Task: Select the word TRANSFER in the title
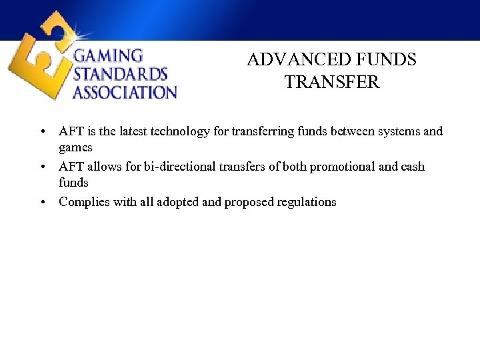pos(331,83)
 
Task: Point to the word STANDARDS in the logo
pos(120,73)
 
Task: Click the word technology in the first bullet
pos(181,132)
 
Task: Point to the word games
pos(75,147)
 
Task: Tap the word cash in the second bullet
pos(412,167)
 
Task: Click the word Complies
pos(83,202)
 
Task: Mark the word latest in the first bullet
pos(129,132)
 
